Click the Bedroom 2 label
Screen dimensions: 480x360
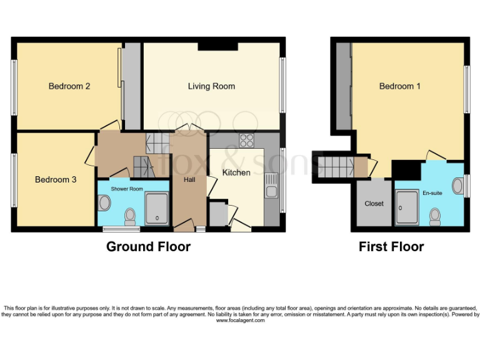pos(69,86)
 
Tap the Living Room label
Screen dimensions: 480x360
pos(211,86)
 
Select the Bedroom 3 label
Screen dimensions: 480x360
pos(56,179)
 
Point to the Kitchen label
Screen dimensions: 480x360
pos(236,172)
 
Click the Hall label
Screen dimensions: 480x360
pos(189,180)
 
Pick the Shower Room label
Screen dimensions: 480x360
pos(127,189)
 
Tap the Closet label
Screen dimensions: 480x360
pos(374,204)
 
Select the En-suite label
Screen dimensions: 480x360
pos(432,193)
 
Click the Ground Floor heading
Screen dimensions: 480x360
pos(149,247)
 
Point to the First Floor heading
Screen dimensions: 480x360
pos(391,247)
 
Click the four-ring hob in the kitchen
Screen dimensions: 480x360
pos(247,141)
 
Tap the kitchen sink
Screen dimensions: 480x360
pos(271,186)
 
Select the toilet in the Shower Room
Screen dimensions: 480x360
pos(130,216)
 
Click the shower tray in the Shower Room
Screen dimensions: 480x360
pos(157,209)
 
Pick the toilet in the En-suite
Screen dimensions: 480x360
pos(435,217)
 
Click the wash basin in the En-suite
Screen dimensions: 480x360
pos(458,186)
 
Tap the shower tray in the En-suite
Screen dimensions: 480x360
pos(407,207)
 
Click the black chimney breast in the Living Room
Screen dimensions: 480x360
pos(217,46)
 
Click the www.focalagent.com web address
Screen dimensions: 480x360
pos(240,321)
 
